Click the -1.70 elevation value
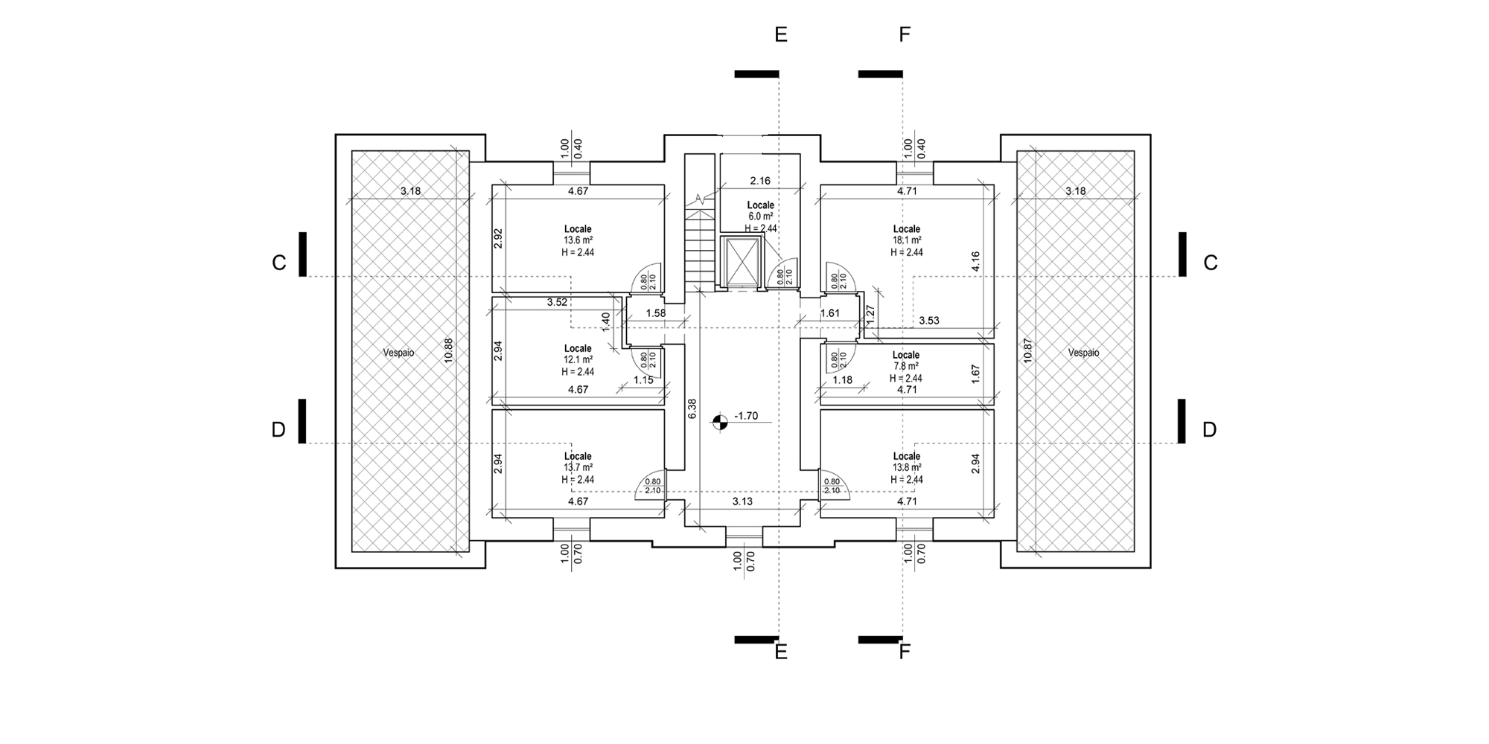[x=745, y=416]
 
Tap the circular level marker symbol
[x=719, y=423]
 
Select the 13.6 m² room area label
[x=578, y=240]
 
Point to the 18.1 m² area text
[x=907, y=240]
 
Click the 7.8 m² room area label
[x=906, y=366]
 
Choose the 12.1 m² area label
[x=578, y=360]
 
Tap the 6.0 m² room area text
[x=761, y=217]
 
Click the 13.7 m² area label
[x=578, y=467]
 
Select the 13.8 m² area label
[x=907, y=467]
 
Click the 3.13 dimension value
[x=742, y=501]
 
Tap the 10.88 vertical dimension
[x=447, y=350]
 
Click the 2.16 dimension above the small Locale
[x=760, y=180]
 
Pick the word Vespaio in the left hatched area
[x=399, y=353]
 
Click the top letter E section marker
[x=781, y=34]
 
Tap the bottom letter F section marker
[x=905, y=652]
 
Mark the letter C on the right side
[x=1211, y=263]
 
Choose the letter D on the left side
[x=278, y=430]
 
